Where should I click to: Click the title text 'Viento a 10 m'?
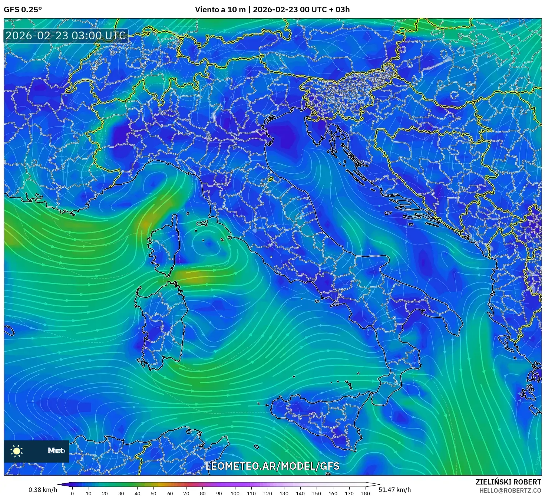pyautogui.click(x=220, y=10)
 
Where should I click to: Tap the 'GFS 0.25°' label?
pyautogui.click(x=23, y=10)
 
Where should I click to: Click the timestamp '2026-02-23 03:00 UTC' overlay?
pyautogui.click(x=66, y=36)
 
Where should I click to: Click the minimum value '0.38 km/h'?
pyautogui.click(x=43, y=490)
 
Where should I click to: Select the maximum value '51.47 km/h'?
pyautogui.click(x=395, y=490)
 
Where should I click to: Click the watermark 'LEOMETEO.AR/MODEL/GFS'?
pyautogui.click(x=272, y=466)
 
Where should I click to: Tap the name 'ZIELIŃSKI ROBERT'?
pyautogui.click(x=508, y=482)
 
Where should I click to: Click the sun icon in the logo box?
pyautogui.click(x=17, y=451)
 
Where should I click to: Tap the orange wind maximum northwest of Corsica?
pyautogui.click(x=146, y=224)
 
